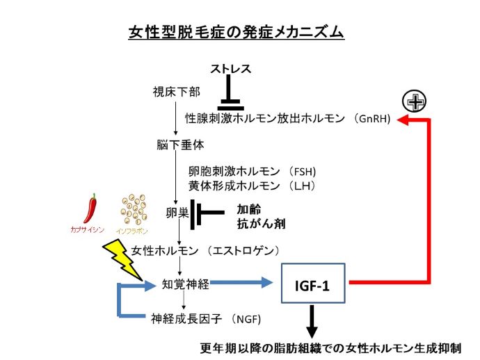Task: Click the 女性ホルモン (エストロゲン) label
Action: pos(206,249)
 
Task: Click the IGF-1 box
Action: pos(312,284)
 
